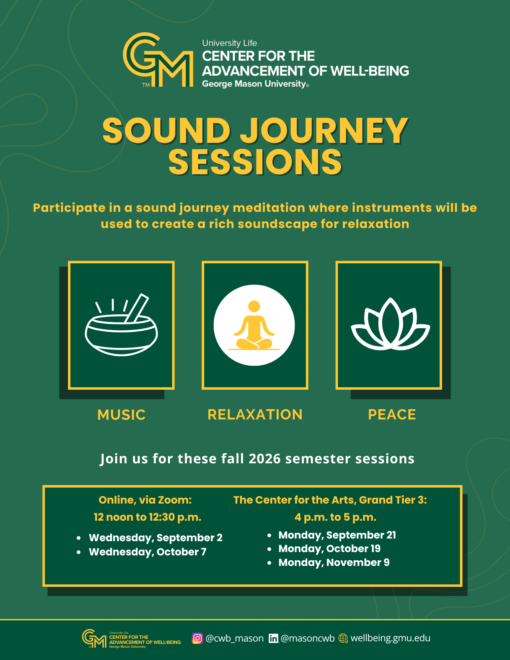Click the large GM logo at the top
[x=158, y=60]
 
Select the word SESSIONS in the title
[x=255, y=161]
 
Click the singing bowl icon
[x=121, y=325]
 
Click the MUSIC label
[x=121, y=415]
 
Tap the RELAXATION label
[x=255, y=414]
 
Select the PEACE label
[x=392, y=414]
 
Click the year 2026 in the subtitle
[x=264, y=459]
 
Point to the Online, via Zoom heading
[x=145, y=500]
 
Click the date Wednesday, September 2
[x=155, y=538]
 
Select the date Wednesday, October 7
[x=148, y=552]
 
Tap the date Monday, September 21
[x=337, y=535]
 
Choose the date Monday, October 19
[x=329, y=548]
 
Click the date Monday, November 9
[x=334, y=562]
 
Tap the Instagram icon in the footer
[x=197, y=638]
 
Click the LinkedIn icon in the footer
[x=273, y=638]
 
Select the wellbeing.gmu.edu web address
[x=390, y=638]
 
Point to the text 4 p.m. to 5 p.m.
[x=335, y=517]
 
